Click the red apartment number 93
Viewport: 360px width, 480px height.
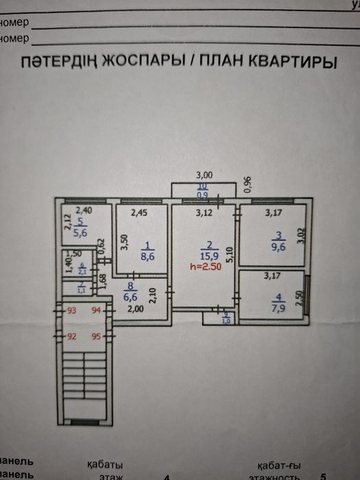72,311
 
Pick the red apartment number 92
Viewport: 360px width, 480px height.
72,337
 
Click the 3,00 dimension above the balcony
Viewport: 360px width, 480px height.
204,176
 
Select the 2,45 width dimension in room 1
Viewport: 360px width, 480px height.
141,213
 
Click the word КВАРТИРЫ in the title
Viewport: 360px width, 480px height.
283,63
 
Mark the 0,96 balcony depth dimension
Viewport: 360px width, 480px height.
248,184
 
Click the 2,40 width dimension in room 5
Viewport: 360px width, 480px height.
84,211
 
